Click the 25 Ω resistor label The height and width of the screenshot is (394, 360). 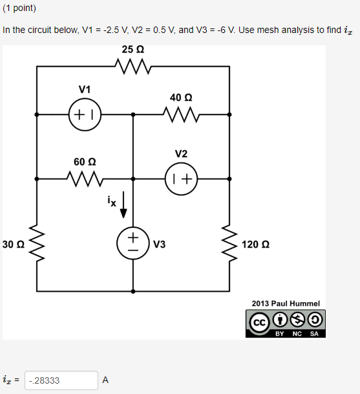point(132,50)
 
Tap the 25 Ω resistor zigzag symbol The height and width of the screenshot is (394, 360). point(132,65)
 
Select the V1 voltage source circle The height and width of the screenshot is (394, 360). point(84,115)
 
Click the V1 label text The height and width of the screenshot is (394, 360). point(85,89)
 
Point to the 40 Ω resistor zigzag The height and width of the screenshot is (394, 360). point(181,115)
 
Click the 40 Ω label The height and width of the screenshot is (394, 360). point(181,97)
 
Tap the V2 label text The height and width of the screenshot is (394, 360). point(181,154)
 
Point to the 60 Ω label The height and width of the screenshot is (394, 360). point(84,160)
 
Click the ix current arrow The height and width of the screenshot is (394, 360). point(125,205)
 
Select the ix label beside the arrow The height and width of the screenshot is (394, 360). point(112,201)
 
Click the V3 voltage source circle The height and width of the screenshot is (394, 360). point(132,244)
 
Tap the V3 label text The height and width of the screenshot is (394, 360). point(159,245)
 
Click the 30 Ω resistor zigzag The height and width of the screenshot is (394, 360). point(36,245)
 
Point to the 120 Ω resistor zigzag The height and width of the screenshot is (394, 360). point(229,245)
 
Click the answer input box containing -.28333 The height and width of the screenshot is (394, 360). point(61,380)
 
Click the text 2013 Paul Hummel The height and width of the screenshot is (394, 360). point(285,303)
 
